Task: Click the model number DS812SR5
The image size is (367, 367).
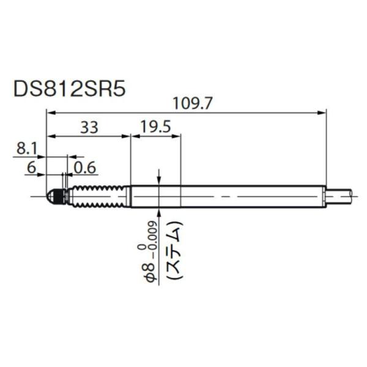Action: [69, 89]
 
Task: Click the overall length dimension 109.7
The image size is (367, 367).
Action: [193, 104]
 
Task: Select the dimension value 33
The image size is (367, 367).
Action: [89, 127]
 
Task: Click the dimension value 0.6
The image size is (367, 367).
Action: [85, 166]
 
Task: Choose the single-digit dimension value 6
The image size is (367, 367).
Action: [32, 166]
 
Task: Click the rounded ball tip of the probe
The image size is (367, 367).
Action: [51, 196]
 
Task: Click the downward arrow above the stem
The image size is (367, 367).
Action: [158, 180]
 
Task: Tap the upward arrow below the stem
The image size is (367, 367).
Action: [158, 212]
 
